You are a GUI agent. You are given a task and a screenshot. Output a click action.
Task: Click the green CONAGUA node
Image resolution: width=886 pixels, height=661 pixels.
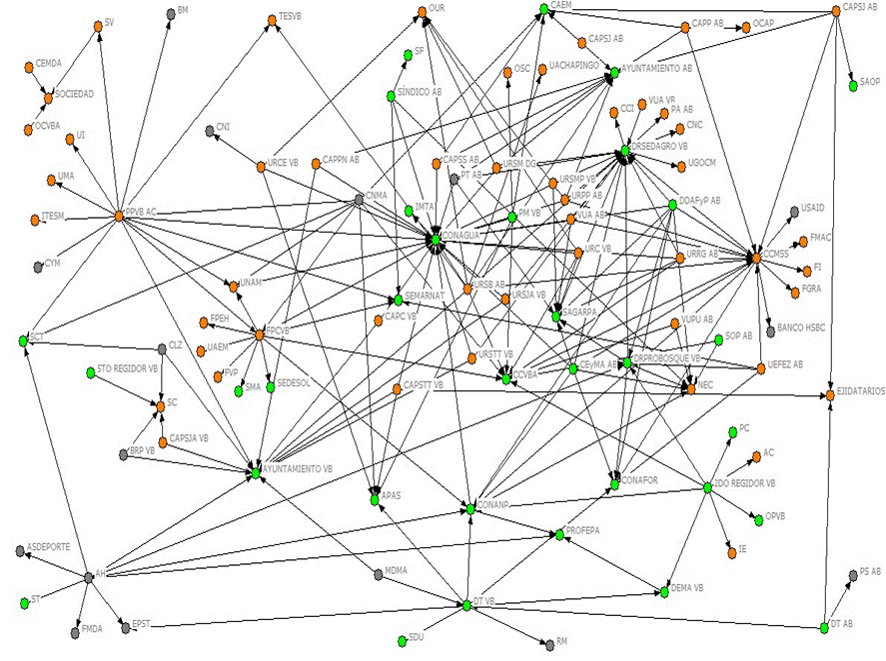click(x=436, y=240)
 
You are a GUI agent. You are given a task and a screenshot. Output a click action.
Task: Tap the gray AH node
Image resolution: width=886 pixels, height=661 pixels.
click(x=88, y=575)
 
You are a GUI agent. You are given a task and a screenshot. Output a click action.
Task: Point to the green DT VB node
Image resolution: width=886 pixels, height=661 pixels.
click(x=465, y=605)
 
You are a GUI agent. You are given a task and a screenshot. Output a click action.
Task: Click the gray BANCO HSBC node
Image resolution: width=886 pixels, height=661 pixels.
click(x=769, y=330)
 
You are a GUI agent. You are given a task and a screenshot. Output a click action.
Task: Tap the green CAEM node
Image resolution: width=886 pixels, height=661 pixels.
click(x=543, y=9)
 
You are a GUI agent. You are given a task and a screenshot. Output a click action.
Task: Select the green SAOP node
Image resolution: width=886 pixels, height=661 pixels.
click(x=852, y=86)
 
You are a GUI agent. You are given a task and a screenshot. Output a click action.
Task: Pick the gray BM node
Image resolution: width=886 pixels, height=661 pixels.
click(x=169, y=13)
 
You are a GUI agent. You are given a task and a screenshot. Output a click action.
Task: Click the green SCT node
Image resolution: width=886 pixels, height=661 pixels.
click(x=23, y=341)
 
